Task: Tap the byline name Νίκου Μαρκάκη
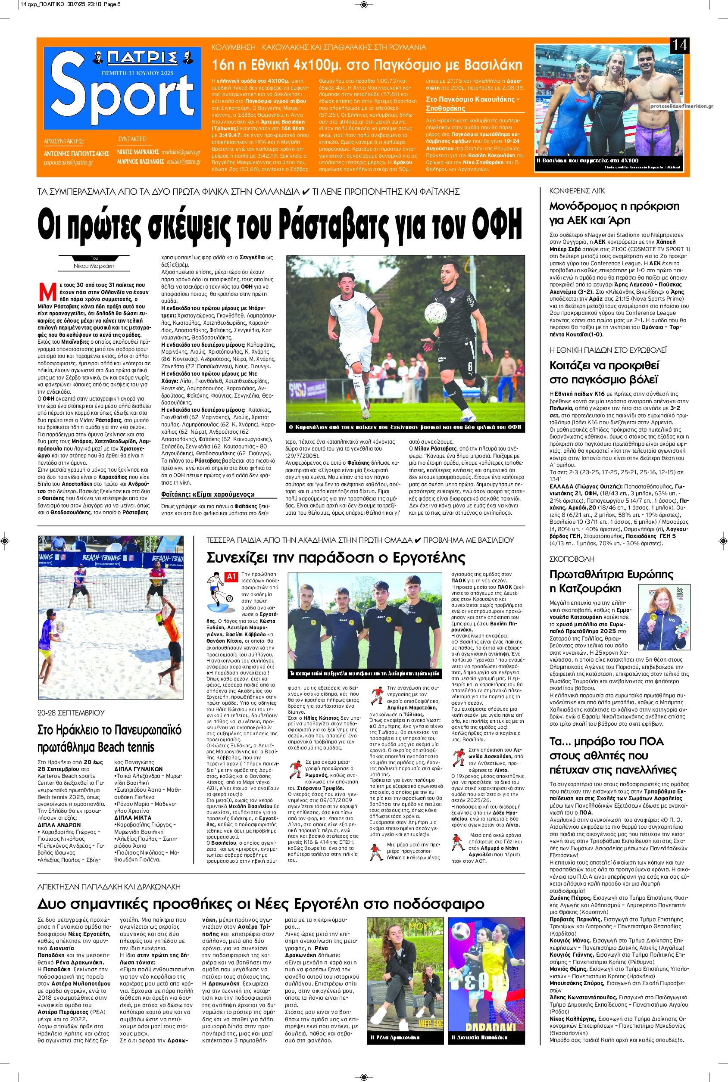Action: pos(88,266)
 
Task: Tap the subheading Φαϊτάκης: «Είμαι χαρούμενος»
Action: pos(208,494)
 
